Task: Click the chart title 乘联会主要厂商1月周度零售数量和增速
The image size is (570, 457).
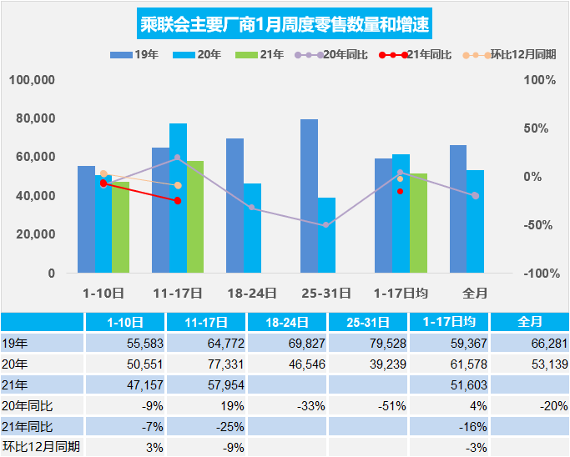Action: [x=285, y=23]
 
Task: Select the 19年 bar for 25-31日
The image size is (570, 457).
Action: [x=309, y=196]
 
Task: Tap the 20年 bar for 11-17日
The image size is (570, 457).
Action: [x=178, y=198]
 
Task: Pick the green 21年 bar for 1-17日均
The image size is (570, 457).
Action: [x=418, y=223]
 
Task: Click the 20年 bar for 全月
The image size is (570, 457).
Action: [x=475, y=221]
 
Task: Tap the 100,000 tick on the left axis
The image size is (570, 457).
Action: [x=33, y=80]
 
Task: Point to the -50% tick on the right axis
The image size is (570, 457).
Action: [x=540, y=225]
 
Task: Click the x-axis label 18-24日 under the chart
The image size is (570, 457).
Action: [x=252, y=293]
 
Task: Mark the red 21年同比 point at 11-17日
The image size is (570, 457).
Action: [x=178, y=201]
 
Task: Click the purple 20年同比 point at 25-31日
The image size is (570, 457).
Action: [x=326, y=225]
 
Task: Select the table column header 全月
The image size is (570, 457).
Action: [x=530, y=322]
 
